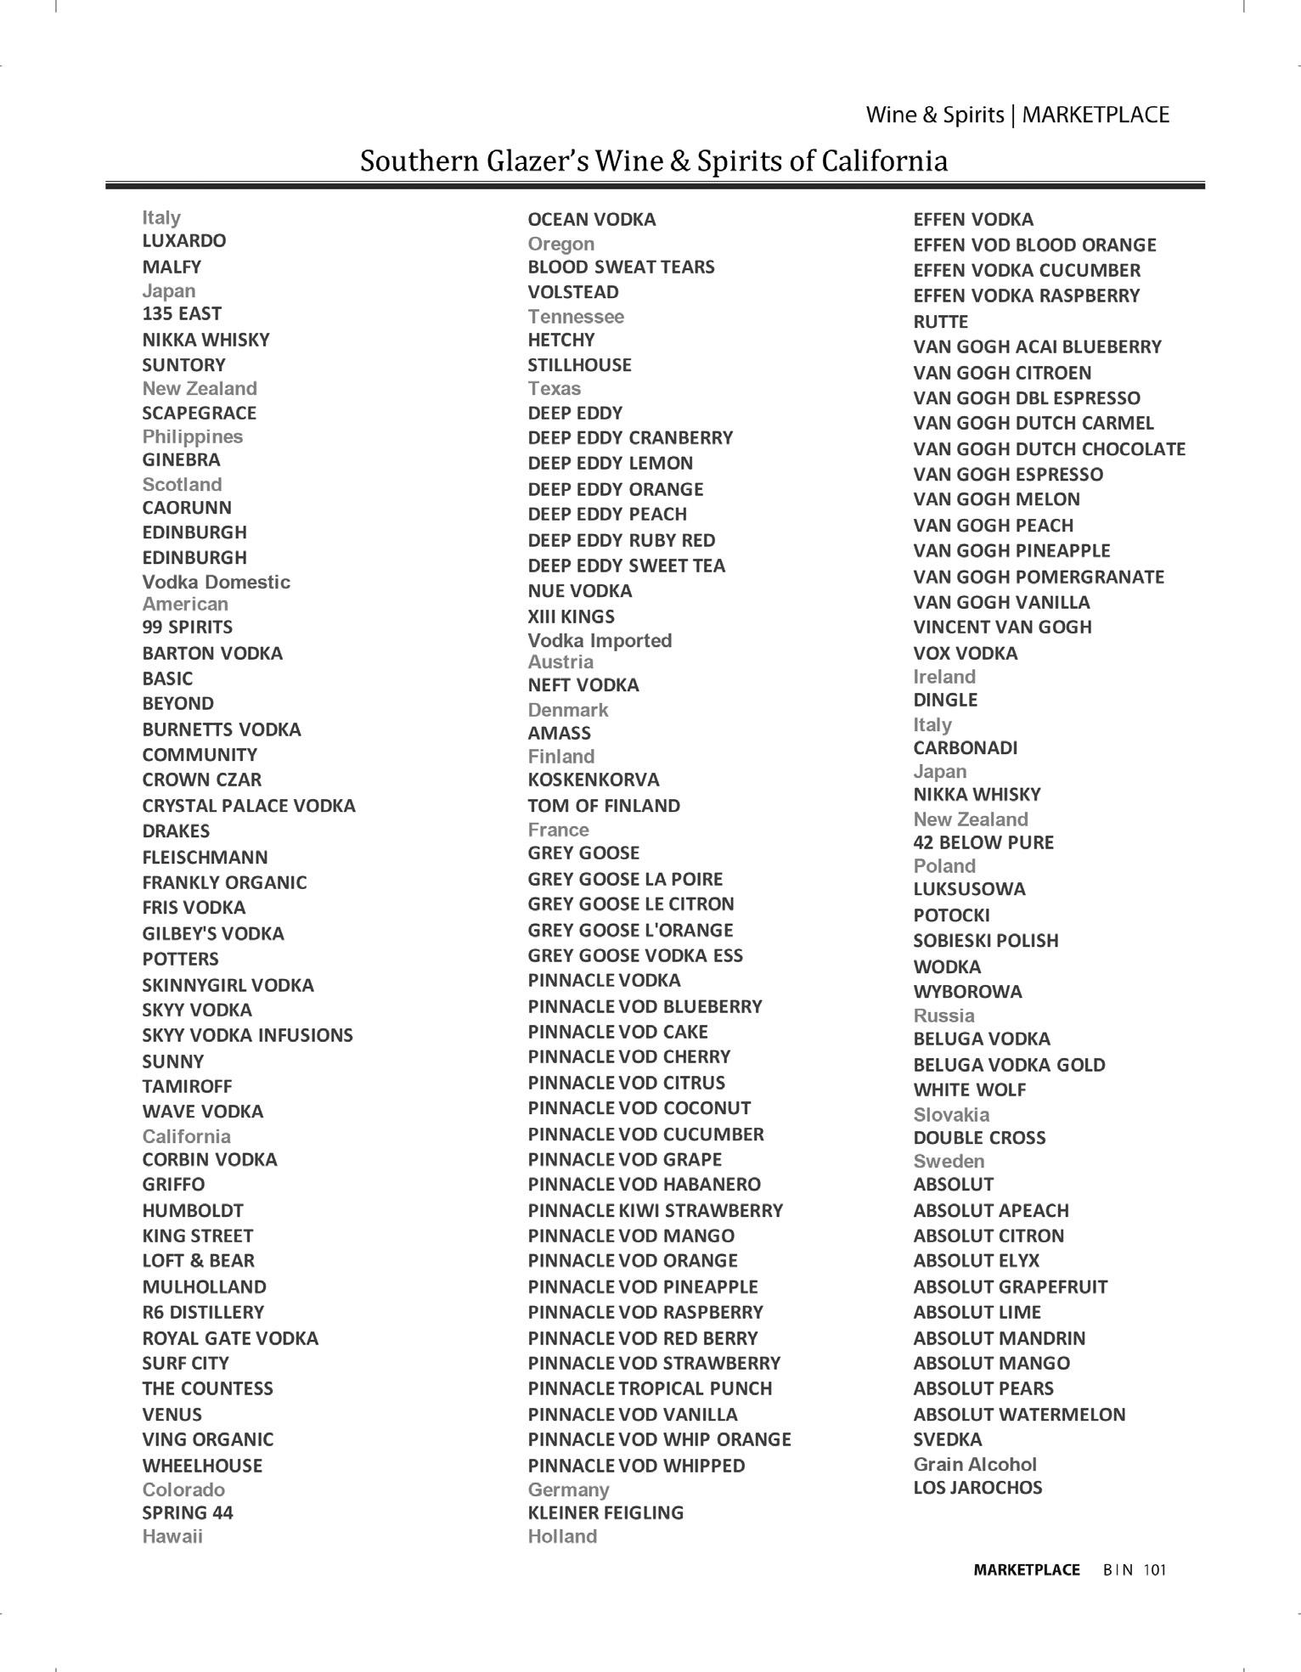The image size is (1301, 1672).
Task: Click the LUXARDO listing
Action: click(x=183, y=241)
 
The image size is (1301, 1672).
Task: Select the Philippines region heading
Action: click(x=192, y=436)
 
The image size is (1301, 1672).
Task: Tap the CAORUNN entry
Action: click(x=186, y=508)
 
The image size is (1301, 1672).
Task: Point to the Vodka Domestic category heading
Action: click(x=216, y=582)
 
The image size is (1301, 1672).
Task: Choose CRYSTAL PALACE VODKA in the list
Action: click(x=248, y=806)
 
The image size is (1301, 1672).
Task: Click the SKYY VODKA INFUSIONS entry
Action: click(x=247, y=1035)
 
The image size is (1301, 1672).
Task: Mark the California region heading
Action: click(x=186, y=1136)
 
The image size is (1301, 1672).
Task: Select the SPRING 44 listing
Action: click(x=187, y=1513)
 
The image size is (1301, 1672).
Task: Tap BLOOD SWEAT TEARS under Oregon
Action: click(x=621, y=267)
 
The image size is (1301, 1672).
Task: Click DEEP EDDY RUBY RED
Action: click(x=621, y=541)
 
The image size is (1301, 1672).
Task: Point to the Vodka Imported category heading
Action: click(x=599, y=640)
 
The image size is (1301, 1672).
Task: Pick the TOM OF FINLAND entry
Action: click(x=603, y=806)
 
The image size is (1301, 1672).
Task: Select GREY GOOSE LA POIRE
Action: click(x=624, y=879)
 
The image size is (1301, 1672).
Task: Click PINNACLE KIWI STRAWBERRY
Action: click(x=655, y=1211)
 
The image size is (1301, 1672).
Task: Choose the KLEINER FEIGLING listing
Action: click(x=605, y=1513)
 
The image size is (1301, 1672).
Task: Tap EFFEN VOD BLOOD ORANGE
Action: click(x=1034, y=245)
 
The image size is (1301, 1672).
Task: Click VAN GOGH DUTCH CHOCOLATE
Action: click(x=1049, y=449)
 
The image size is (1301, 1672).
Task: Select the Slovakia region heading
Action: click(x=950, y=1114)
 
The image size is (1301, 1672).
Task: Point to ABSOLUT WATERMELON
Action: click(x=1019, y=1415)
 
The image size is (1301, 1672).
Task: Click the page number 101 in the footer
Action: click(x=1154, y=1570)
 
